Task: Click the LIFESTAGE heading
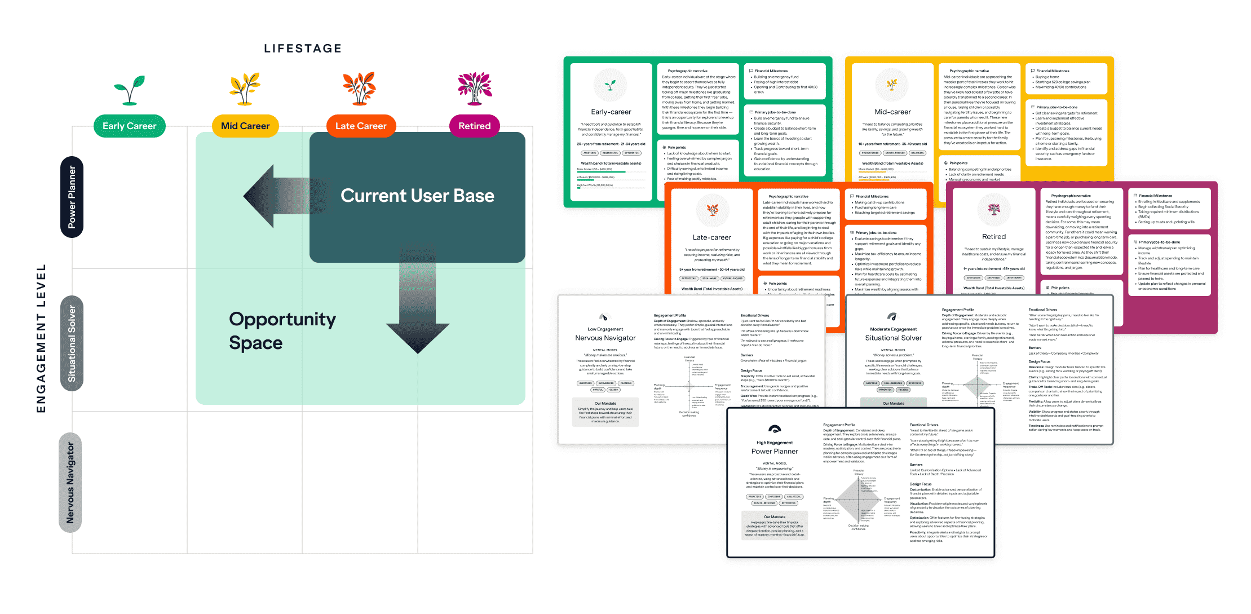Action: click(x=303, y=48)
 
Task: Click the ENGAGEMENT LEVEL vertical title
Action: click(x=41, y=338)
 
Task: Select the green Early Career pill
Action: click(x=129, y=126)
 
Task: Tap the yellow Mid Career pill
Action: click(x=245, y=126)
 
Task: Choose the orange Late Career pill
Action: click(x=361, y=126)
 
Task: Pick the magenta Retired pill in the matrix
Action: click(x=474, y=126)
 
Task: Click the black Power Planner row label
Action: click(x=72, y=197)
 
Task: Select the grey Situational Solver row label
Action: click(x=72, y=343)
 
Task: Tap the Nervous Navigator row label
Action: click(x=70, y=483)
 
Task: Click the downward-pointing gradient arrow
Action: click(x=417, y=304)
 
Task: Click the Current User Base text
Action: click(x=417, y=196)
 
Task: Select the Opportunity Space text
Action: click(x=282, y=331)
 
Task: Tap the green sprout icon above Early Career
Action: click(x=129, y=89)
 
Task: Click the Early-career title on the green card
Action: click(x=611, y=112)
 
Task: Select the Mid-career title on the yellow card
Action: click(x=892, y=112)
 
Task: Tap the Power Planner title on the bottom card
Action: click(x=775, y=452)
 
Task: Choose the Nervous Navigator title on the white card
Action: click(x=605, y=338)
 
